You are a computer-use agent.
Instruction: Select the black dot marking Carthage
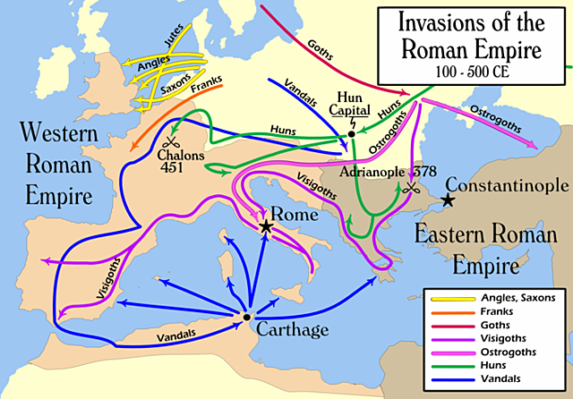[x=246, y=317]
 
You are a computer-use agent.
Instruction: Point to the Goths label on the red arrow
[x=320, y=50]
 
